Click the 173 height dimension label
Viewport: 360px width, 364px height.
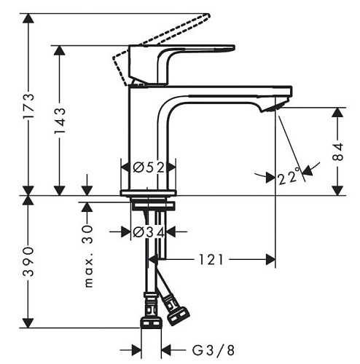click(x=28, y=106)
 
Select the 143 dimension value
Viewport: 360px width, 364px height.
click(x=60, y=121)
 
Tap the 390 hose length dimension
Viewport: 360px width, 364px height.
click(x=28, y=262)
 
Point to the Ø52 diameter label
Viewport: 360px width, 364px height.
click(x=149, y=167)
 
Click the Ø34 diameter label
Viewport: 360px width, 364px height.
click(x=149, y=232)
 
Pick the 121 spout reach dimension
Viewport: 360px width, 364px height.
click(x=211, y=260)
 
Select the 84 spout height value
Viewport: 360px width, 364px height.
click(x=337, y=152)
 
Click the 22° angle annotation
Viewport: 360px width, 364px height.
click(x=289, y=176)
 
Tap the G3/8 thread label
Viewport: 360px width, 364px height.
click(x=214, y=350)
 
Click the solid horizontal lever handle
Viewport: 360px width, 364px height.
click(x=182, y=49)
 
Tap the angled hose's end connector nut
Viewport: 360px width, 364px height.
click(x=179, y=316)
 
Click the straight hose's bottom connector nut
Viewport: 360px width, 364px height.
click(x=151, y=323)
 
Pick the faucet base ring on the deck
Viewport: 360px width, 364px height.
click(x=149, y=193)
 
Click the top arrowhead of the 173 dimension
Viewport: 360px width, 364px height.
click(x=28, y=18)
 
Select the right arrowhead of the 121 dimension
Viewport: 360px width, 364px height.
click(x=270, y=260)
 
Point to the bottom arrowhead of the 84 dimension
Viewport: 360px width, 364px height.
click(x=337, y=191)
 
